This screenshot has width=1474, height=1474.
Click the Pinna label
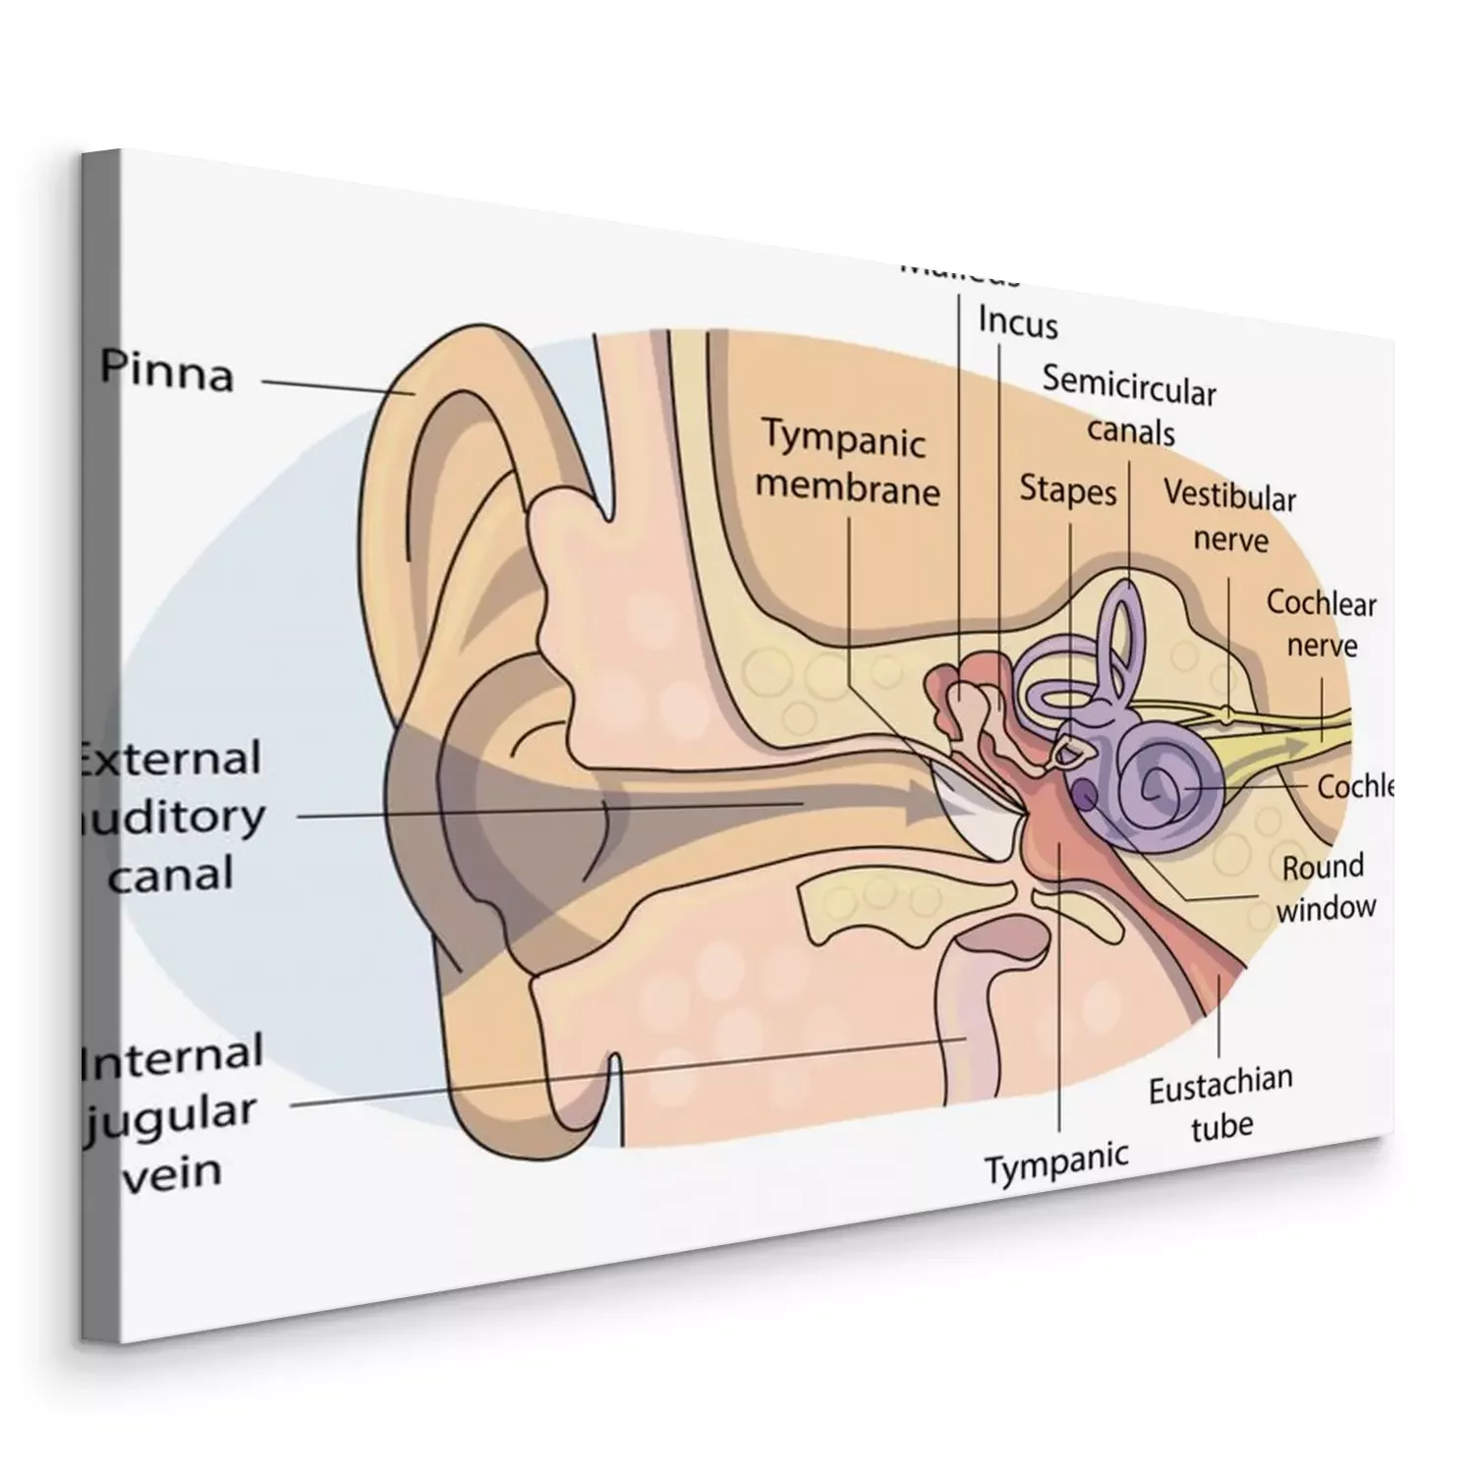coord(167,373)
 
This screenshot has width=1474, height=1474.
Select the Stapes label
coord(1068,489)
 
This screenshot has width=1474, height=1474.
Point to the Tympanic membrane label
coord(848,464)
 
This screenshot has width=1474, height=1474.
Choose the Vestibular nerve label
coord(1229,517)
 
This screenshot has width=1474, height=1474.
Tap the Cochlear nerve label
coord(1322,623)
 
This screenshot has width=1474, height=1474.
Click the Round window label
coord(1325,886)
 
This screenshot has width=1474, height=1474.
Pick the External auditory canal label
coord(172,816)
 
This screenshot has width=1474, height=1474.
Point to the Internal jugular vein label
coord(172,1112)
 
